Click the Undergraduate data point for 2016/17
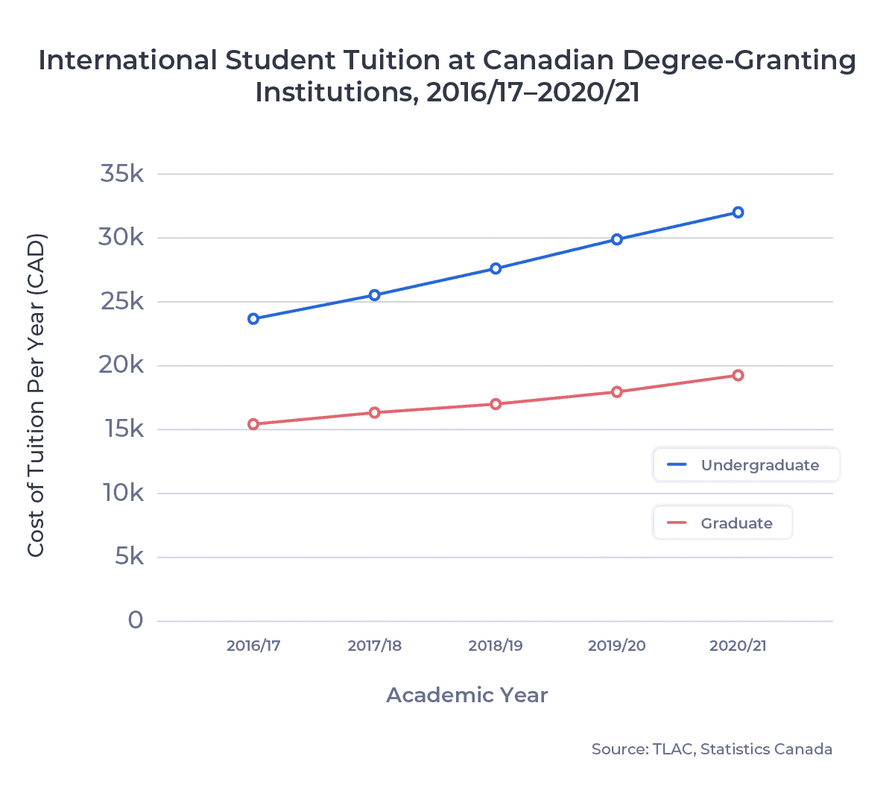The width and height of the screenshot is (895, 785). click(x=253, y=318)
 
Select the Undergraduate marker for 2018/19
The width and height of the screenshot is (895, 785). click(x=496, y=268)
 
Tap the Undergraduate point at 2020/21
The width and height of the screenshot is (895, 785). click(x=738, y=212)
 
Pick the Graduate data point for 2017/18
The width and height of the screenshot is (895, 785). click(x=375, y=412)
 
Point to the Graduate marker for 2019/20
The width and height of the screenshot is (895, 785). click(x=617, y=391)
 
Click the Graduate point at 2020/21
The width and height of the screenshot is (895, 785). click(x=738, y=375)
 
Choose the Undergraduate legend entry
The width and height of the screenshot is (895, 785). click(x=746, y=465)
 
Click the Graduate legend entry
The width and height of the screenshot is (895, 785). click(x=722, y=523)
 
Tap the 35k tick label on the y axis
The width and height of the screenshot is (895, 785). click(x=122, y=174)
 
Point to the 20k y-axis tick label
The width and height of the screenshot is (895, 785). click(x=122, y=365)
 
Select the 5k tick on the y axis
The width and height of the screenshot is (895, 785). click(x=129, y=557)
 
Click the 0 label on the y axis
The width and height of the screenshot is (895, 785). click(x=136, y=620)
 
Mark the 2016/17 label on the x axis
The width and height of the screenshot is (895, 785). click(x=253, y=646)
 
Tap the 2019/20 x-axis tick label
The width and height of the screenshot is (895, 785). click(x=617, y=646)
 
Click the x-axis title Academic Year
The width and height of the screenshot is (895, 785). click(x=467, y=696)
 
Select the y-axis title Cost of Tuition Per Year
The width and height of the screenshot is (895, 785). click(x=36, y=395)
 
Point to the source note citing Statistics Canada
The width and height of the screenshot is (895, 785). click(x=712, y=749)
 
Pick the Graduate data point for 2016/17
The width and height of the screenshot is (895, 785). click(x=253, y=424)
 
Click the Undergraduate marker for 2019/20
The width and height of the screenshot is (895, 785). click(x=617, y=239)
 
